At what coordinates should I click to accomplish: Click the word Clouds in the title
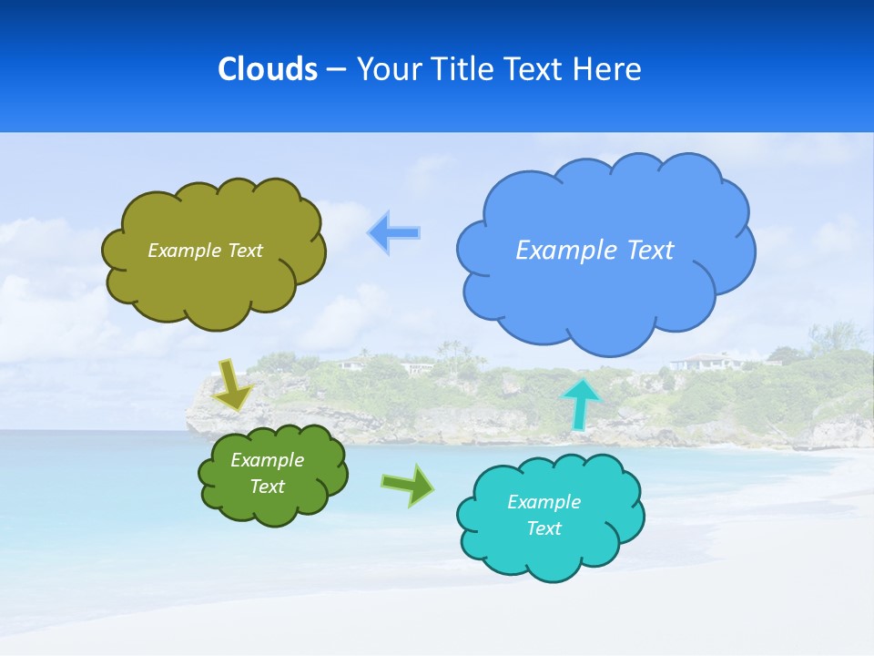point(268,69)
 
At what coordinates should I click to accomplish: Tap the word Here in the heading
point(606,69)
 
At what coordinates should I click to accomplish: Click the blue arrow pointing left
point(394,232)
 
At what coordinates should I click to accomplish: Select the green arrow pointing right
point(408,485)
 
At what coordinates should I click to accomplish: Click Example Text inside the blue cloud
point(595,250)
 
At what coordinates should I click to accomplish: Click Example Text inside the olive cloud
point(205,250)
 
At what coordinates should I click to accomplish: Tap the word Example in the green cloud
point(267,460)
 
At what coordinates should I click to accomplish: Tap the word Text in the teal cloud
point(544,528)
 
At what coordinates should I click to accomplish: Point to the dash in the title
point(335,69)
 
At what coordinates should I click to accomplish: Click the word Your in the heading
point(387,69)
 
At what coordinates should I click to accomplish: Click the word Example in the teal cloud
point(544,502)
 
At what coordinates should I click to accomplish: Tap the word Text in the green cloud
point(267,487)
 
